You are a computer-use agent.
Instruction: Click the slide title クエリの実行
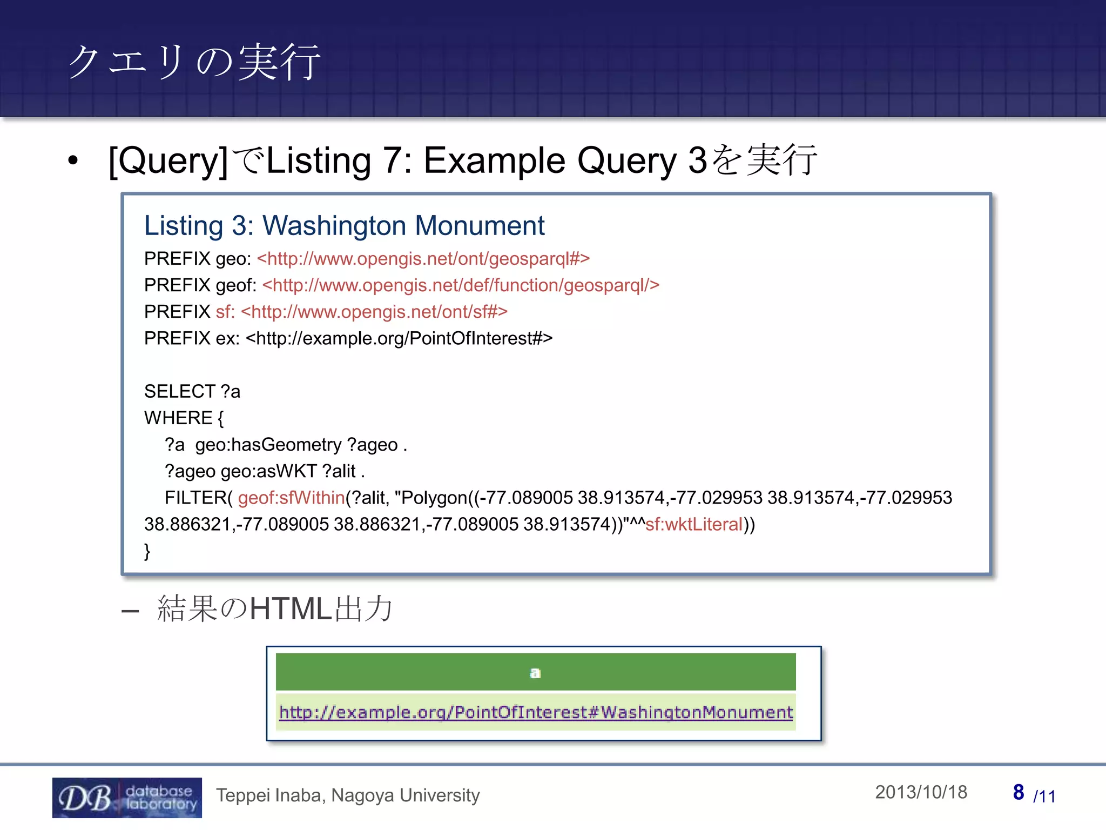click(x=194, y=62)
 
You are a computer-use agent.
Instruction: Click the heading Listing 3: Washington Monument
click(x=344, y=225)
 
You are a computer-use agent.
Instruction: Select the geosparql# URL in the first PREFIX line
click(x=423, y=259)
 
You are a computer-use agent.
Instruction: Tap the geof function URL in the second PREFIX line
click(x=461, y=285)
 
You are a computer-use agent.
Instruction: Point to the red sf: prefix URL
click(x=361, y=312)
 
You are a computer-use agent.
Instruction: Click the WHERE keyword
click(x=178, y=418)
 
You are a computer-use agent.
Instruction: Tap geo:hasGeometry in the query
click(x=268, y=445)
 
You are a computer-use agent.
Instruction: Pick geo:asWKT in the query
click(x=268, y=471)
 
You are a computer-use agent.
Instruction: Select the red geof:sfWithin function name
click(x=291, y=498)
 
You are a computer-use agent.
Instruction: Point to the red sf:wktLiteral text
click(x=693, y=524)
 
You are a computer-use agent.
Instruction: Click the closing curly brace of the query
click(x=147, y=551)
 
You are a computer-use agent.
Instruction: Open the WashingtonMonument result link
click(x=536, y=712)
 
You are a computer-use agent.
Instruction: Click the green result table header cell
click(x=535, y=672)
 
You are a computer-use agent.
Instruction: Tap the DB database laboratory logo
click(x=127, y=798)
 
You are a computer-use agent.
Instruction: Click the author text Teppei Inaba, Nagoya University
click(x=348, y=795)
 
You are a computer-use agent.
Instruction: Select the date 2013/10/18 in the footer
click(x=921, y=792)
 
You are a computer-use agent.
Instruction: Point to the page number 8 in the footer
click(x=1018, y=792)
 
